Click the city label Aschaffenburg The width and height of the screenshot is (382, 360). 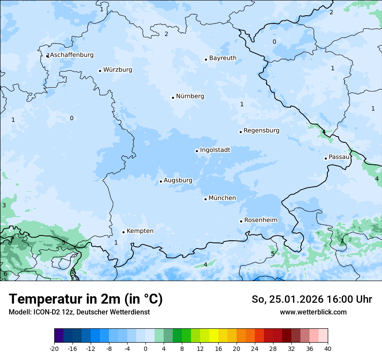pyautogui.click(x=72, y=55)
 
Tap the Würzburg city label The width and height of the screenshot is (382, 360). pyautogui.click(x=118, y=70)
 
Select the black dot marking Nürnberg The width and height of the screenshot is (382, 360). pyautogui.click(x=173, y=98)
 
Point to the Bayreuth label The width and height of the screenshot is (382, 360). pyautogui.click(x=223, y=58)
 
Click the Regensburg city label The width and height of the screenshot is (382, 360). pyautogui.click(x=261, y=131)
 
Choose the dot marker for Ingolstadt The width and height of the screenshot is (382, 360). pyautogui.click(x=197, y=151)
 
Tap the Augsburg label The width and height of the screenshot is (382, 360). pyautogui.click(x=178, y=180)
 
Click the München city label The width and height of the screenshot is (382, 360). pyautogui.click(x=222, y=198)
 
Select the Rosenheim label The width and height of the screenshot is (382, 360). pyautogui.click(x=260, y=220)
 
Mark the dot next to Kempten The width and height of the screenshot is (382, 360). pyautogui.click(x=123, y=232)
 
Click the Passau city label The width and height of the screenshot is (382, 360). pyautogui.click(x=339, y=157)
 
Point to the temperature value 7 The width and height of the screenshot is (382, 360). pyautogui.click(x=342, y=242)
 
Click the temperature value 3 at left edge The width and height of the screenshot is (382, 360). pyautogui.click(x=4, y=205)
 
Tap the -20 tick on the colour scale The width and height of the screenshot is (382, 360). pyautogui.click(x=54, y=349)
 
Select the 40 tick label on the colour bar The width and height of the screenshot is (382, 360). pyautogui.click(x=328, y=349)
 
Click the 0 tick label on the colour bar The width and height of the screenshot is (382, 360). pyautogui.click(x=145, y=349)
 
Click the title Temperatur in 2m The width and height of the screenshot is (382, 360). pyautogui.click(x=86, y=299)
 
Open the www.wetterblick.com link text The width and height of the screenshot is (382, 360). pyautogui.click(x=313, y=312)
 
